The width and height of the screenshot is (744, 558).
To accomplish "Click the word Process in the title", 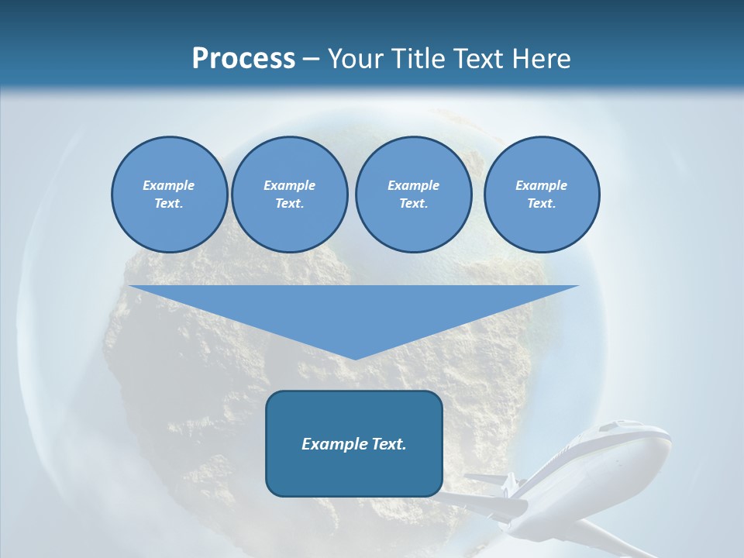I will coord(243,59).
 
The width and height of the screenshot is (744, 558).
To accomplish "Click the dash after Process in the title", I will coord(311,60).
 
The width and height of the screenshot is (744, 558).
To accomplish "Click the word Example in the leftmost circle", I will coord(169,185).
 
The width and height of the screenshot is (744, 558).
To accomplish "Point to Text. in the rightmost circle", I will coord(541,203).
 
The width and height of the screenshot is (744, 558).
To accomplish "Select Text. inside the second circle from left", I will coord(289,203).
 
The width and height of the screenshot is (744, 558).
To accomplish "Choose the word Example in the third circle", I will coord(413,185).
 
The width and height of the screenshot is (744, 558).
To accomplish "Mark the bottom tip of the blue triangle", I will coord(354,357).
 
